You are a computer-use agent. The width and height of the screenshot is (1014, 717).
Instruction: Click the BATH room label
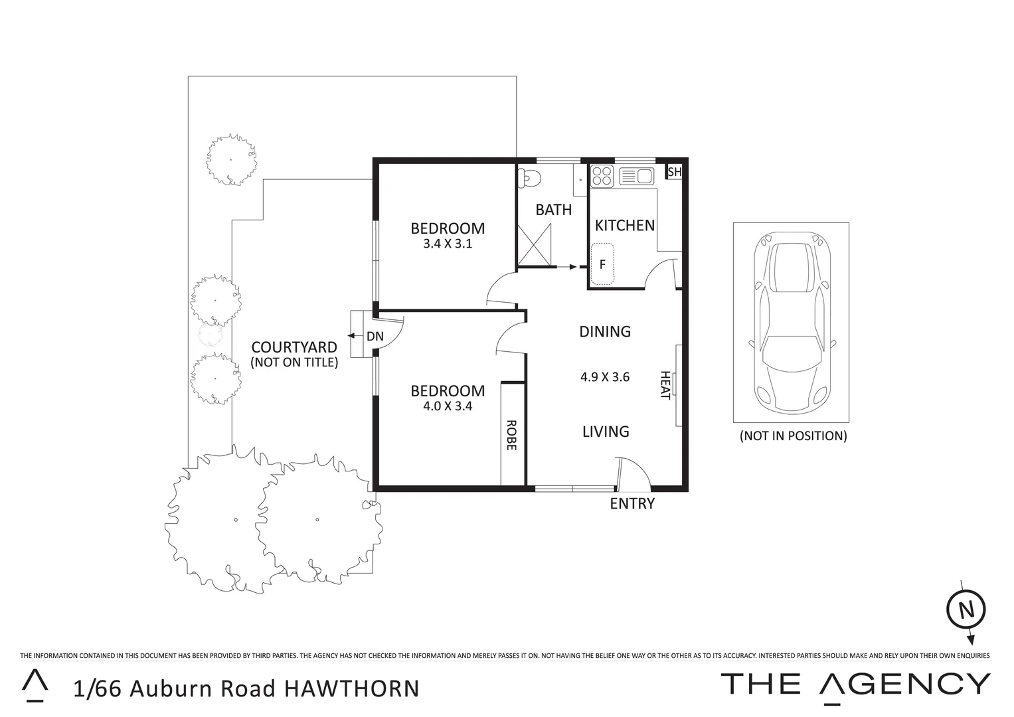tap(553, 210)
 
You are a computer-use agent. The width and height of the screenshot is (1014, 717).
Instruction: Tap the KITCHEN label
tap(624, 226)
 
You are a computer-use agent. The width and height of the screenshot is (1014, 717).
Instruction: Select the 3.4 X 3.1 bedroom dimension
tap(447, 244)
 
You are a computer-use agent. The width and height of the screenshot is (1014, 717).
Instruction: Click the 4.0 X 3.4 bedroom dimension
tap(447, 406)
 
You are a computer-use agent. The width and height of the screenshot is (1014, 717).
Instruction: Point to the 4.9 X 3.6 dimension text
tap(604, 377)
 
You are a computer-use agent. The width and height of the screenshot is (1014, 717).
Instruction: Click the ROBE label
tap(511, 435)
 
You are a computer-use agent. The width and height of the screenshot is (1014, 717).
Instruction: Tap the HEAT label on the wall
tap(665, 385)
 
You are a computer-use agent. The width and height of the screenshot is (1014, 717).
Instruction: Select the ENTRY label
tap(632, 504)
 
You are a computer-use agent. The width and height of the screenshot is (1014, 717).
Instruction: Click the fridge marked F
tap(602, 264)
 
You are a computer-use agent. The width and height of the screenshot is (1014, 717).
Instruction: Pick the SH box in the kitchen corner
tap(674, 173)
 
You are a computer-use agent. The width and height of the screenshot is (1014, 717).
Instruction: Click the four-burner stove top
tap(602, 176)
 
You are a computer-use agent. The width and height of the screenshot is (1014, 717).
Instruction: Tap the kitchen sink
tap(636, 176)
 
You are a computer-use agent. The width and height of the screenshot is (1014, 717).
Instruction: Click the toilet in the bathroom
tap(531, 177)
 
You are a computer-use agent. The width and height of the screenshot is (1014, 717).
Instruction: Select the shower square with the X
tap(535, 245)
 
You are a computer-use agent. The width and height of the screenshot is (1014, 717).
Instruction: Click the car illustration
tap(791, 322)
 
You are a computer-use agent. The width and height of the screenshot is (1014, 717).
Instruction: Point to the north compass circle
tap(966, 609)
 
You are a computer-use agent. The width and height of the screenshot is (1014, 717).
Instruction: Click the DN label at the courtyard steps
tap(375, 337)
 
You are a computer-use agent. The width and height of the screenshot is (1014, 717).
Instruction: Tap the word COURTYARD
tap(294, 347)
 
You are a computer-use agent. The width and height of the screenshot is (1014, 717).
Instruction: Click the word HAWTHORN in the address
tap(352, 688)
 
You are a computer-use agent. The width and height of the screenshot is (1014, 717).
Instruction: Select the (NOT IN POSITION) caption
tap(793, 436)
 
